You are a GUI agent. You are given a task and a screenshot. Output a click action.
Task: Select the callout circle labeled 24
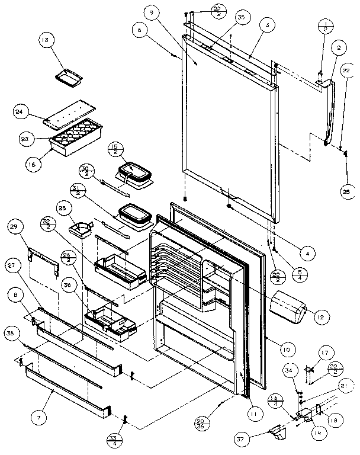coord(19,111)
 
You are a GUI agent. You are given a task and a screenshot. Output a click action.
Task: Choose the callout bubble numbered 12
coord(319,318)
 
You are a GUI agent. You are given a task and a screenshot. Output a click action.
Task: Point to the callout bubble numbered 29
coord(16,228)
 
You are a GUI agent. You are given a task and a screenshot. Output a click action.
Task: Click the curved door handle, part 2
coord(332,113)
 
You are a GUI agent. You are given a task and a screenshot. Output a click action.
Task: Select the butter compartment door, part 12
coord(288,306)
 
